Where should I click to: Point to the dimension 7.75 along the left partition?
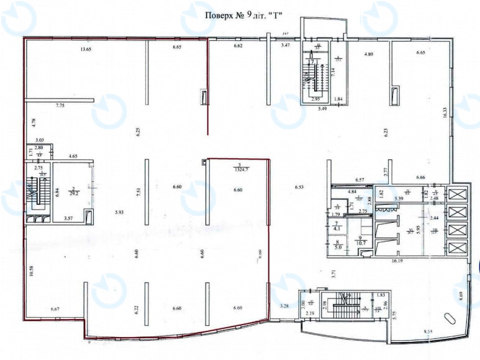click(60, 106)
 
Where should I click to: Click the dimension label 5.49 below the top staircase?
click(323, 109)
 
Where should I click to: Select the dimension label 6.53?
click(299, 187)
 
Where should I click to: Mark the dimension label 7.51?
click(138, 191)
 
